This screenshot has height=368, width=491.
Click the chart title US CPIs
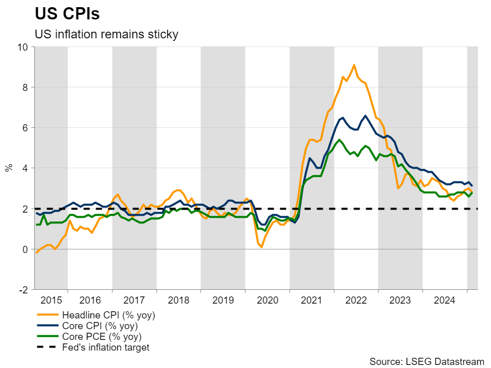pos(66,14)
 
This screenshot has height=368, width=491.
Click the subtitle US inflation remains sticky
pos(106,34)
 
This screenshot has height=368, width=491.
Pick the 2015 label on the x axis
pos(51,300)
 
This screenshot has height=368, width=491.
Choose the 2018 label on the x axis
pos(178,300)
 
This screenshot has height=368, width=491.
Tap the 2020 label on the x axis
pos(267,300)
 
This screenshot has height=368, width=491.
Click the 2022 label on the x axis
pos(356,300)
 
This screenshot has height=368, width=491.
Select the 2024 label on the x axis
pos(445,300)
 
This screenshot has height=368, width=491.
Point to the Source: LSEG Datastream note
pos(427,361)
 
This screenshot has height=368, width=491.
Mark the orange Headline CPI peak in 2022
pos(354,65)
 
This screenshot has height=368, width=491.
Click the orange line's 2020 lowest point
pos(261,247)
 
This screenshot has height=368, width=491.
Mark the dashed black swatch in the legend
pos(47,348)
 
